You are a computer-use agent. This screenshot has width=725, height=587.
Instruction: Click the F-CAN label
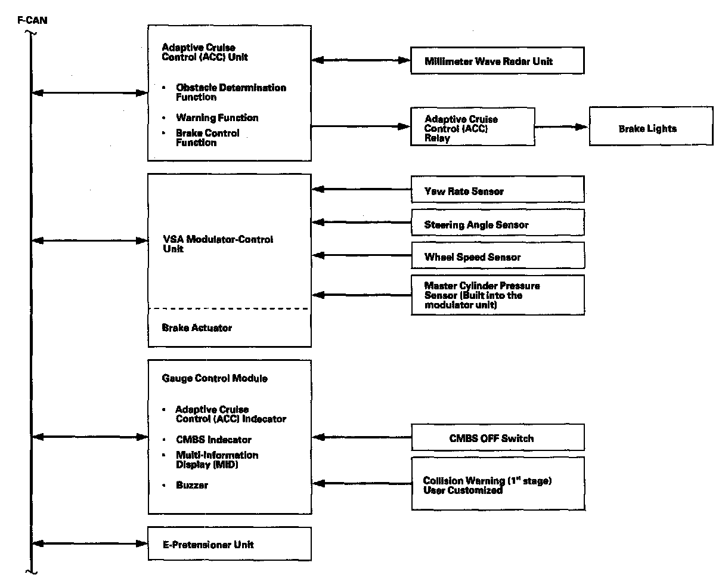pos(32,20)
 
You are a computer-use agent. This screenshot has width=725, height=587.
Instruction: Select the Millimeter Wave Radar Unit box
pos(497,61)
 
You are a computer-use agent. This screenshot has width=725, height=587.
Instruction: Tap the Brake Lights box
pos(651,126)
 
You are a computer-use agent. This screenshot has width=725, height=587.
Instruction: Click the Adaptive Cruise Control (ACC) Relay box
pos(472,126)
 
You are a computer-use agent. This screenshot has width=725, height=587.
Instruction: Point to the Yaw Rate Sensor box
pos(498,189)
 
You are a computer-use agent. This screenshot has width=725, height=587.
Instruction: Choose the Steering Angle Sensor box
pos(498,223)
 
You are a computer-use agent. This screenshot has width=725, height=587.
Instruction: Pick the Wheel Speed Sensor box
pos(498,255)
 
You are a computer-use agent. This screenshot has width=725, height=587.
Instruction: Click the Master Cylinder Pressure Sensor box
pos(498,295)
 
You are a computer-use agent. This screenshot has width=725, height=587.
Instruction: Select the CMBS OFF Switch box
pos(498,437)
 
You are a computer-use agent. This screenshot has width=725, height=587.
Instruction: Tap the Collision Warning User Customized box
pos(498,483)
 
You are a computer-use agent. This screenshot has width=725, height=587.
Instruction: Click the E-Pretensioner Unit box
pos(230,544)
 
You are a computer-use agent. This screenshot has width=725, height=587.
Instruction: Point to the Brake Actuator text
pos(197,328)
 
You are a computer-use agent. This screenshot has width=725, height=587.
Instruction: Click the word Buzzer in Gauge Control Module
pos(192,485)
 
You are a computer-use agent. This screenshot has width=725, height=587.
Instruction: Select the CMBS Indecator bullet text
pos(214,440)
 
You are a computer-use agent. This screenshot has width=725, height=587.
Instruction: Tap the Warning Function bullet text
pos(217,118)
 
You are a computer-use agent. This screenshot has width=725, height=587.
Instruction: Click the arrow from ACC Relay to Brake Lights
pos(562,126)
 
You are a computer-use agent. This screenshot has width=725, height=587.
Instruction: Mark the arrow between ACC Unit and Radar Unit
pos(361,60)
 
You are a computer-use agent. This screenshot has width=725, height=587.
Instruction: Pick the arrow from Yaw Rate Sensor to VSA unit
pos(361,189)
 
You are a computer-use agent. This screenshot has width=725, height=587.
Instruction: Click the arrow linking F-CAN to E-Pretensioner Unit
pos(90,543)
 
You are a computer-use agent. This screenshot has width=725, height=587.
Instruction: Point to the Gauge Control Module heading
pos(215,378)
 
